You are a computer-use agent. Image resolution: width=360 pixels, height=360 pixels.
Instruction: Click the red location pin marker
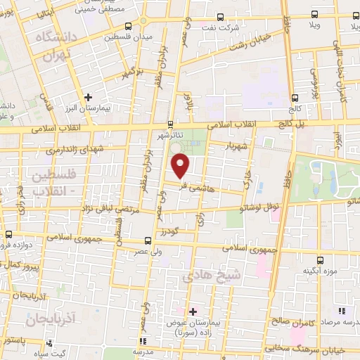point(181,166)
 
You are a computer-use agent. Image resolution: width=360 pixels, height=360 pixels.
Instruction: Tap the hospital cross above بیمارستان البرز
point(88,97)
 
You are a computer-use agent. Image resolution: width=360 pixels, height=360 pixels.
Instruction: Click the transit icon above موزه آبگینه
point(320,259)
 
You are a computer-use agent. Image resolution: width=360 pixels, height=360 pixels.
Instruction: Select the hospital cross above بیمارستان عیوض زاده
point(193,311)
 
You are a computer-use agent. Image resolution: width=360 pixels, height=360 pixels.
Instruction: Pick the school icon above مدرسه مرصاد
point(342,310)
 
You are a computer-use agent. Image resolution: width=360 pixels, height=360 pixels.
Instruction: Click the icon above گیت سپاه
point(49,344)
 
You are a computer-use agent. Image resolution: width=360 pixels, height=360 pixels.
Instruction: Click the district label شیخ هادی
point(212,277)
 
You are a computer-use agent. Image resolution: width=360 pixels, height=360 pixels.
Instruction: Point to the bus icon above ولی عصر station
point(146,240)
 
